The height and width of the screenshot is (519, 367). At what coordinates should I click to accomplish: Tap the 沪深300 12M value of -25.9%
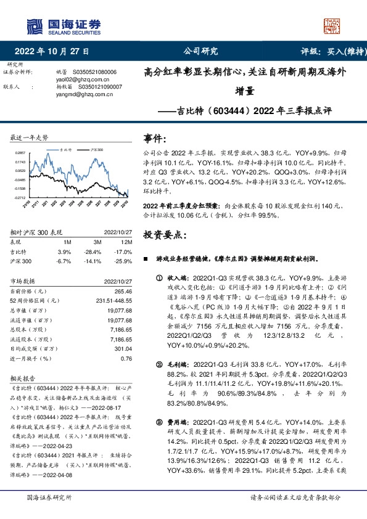[x=123, y=260]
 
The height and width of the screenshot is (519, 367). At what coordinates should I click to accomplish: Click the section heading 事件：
[x=154, y=139]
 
